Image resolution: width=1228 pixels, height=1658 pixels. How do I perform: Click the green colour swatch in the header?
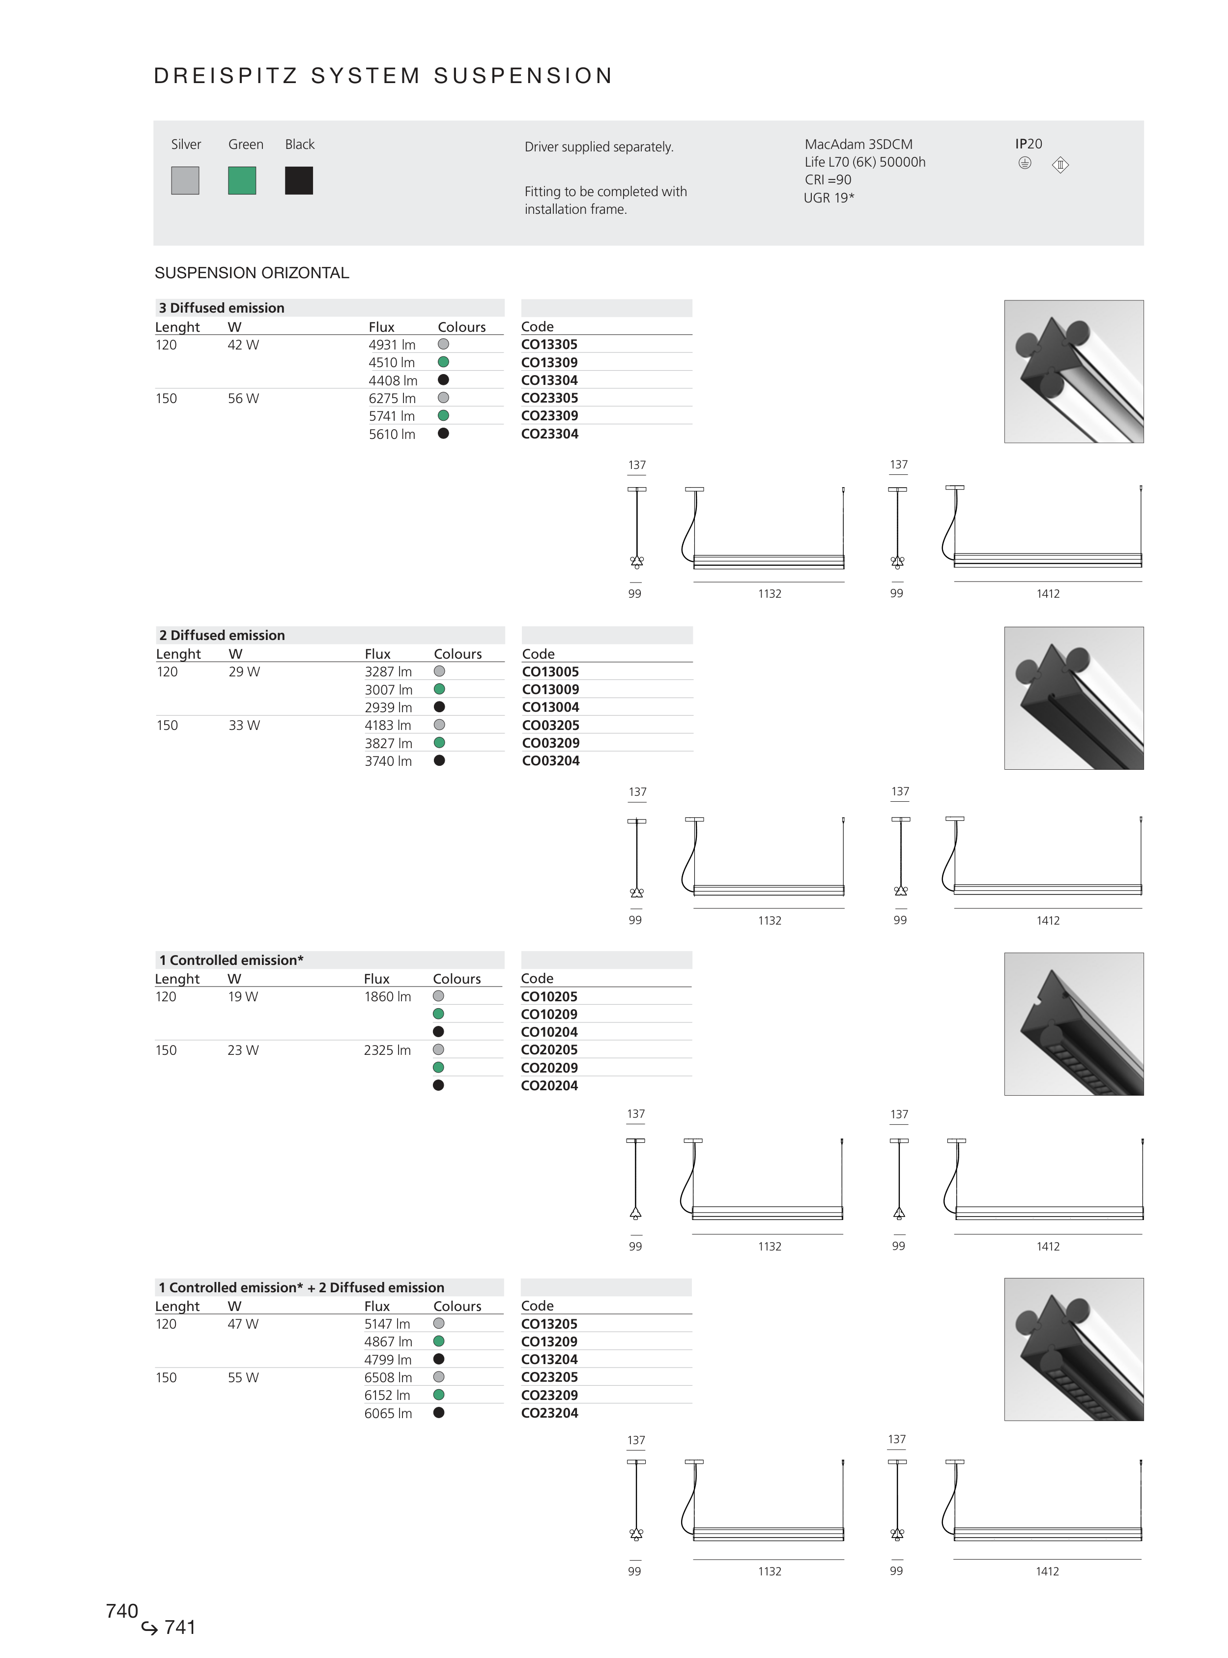tap(242, 181)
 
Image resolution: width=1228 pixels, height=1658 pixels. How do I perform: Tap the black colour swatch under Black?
tap(299, 181)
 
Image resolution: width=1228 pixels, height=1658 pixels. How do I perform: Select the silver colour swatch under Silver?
tap(185, 181)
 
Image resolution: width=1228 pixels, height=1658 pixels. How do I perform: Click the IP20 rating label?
tap(1029, 144)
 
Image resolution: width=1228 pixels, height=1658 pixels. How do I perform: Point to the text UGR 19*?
tap(829, 198)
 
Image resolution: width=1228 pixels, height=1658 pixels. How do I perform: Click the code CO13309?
tap(549, 363)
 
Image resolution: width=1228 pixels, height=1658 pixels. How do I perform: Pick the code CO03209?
tap(551, 743)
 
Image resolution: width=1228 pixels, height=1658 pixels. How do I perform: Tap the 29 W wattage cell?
tap(245, 671)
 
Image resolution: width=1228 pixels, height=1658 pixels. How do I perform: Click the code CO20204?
tap(549, 1085)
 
